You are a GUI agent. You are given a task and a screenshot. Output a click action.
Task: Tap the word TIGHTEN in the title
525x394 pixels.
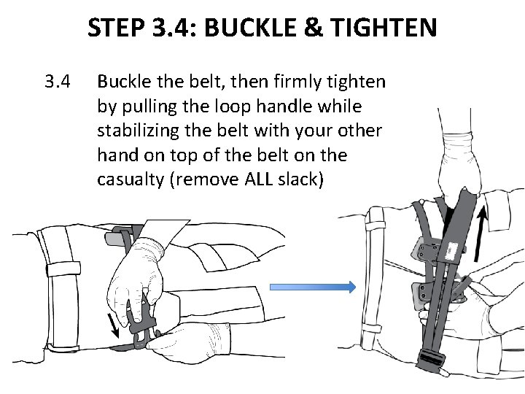tap(386, 28)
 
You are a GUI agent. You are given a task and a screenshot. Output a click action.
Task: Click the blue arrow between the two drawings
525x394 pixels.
tap(312, 287)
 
